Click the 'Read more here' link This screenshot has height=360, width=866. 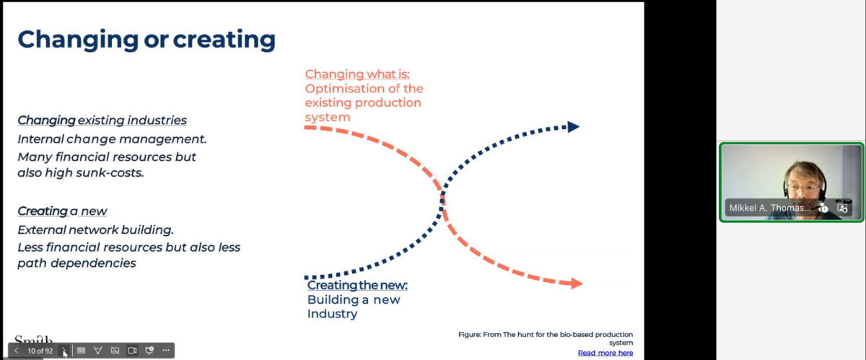point(605,353)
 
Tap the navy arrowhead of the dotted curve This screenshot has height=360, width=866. point(574,127)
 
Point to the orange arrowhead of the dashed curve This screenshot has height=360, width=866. point(577,284)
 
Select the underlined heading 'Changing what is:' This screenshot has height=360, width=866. point(357,74)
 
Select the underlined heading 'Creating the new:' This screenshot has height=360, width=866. point(357,286)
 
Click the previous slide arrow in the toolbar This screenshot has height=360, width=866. point(16,351)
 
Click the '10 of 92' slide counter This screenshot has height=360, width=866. point(40,351)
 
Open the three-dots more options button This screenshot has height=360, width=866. point(166,351)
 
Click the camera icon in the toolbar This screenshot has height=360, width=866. point(132,351)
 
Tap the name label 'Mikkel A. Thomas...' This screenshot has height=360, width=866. point(769,208)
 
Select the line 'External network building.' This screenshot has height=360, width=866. point(95,230)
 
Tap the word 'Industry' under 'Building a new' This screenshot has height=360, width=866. point(332,314)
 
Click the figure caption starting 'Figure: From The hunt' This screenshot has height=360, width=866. point(546,338)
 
